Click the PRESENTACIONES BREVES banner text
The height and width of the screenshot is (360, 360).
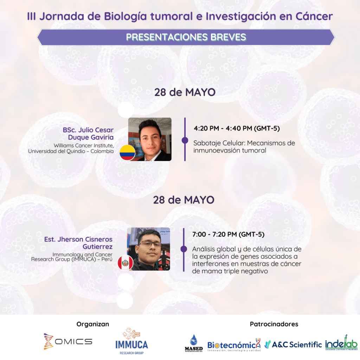point(186,37)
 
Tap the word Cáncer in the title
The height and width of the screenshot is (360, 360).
point(314,16)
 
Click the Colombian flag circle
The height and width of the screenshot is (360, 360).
point(127,153)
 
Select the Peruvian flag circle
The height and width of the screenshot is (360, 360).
point(126,263)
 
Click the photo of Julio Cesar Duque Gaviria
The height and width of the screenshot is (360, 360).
point(150,139)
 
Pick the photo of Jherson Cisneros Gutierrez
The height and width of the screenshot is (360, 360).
point(149,249)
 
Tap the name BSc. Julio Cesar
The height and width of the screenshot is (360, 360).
point(88,130)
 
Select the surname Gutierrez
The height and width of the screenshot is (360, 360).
point(98,246)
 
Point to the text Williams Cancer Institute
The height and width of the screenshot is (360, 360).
point(84,146)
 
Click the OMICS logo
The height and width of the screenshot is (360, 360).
point(68,341)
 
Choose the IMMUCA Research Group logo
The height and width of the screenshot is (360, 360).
point(131,341)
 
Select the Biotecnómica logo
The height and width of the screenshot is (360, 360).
point(234,345)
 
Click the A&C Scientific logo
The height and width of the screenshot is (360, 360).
point(293,345)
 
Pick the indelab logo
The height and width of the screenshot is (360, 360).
point(341,342)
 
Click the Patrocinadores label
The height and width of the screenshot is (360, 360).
point(274,324)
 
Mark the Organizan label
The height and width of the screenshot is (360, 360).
point(93,324)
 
